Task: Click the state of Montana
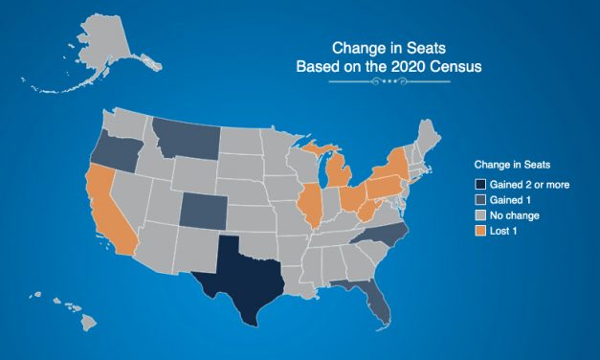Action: pyautogui.click(x=186, y=140)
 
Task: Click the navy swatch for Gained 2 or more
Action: pyautogui.click(x=478, y=183)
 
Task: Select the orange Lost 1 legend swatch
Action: pyautogui.click(x=478, y=232)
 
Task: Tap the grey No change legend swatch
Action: pyautogui.click(x=478, y=215)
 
